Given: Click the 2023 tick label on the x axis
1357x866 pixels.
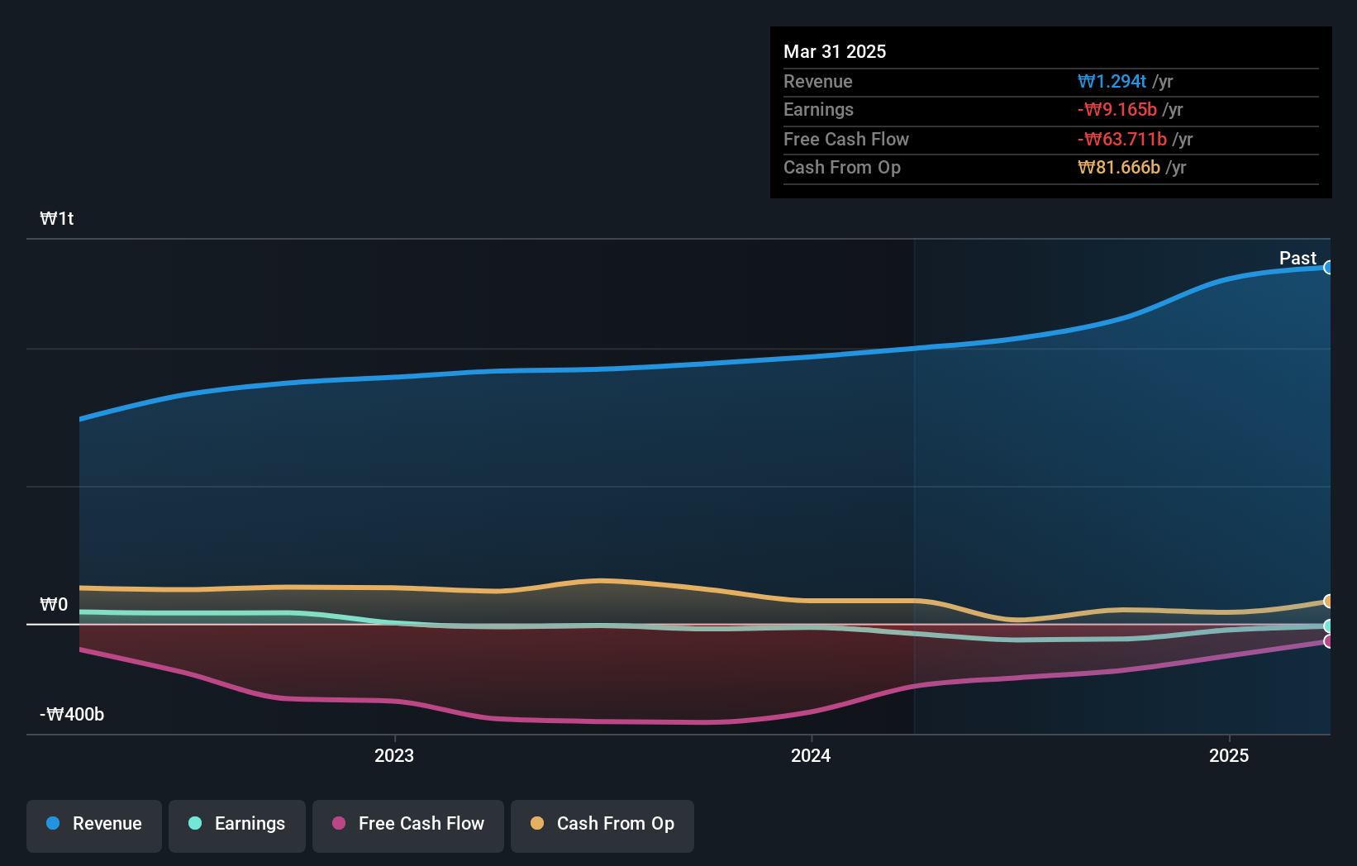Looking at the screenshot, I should [x=393, y=755].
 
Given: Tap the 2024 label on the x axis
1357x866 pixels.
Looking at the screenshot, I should [x=810, y=755].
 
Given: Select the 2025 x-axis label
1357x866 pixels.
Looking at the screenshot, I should [x=1228, y=755].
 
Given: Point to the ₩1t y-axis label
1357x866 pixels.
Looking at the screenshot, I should [x=57, y=218].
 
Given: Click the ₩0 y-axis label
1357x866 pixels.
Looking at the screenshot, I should [x=54, y=604].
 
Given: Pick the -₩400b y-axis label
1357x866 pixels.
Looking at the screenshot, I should [x=72, y=714].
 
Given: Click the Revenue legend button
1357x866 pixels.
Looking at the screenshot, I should [x=94, y=824].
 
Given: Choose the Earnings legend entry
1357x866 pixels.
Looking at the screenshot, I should [x=237, y=824].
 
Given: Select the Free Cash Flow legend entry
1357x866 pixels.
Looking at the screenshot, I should [x=408, y=824].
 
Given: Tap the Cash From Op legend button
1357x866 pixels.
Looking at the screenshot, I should [x=602, y=824].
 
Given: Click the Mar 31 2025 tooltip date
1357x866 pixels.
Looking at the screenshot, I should [x=835, y=51].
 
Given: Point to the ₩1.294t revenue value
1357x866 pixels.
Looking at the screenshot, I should [x=1112, y=81].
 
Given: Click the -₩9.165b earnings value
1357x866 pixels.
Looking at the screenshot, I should [x=1117, y=109].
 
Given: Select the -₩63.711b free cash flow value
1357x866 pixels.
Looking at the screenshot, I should [x=1121, y=139].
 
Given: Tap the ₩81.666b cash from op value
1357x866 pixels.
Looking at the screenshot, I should [x=1119, y=167].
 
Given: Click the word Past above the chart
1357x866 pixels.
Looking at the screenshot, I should [x=1297, y=258].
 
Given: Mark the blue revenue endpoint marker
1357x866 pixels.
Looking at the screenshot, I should [x=1328, y=268].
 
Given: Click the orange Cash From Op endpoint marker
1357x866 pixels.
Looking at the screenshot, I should [x=1328, y=601].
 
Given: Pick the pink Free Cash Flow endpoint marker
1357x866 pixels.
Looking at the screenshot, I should [x=1328, y=641].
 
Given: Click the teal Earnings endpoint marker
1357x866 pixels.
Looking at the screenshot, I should [x=1328, y=626].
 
